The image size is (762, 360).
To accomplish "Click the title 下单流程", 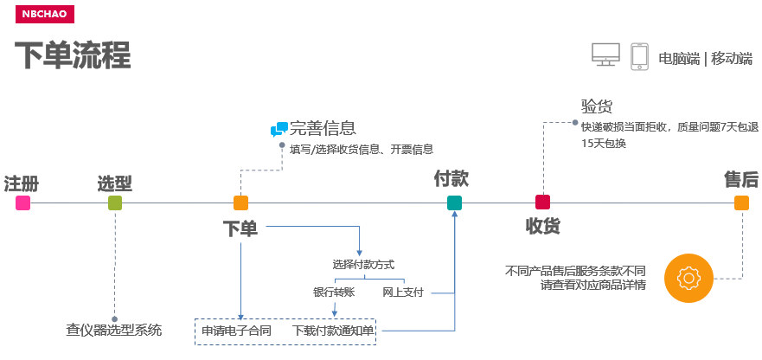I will (73, 55).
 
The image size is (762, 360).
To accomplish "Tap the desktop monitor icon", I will (605, 54).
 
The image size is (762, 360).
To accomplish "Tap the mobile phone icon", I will (640, 55).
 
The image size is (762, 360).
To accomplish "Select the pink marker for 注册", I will (23, 203).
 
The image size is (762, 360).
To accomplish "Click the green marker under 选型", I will (115, 203).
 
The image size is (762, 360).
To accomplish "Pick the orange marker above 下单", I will (241, 203).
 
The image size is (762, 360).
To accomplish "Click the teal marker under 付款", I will (454, 203).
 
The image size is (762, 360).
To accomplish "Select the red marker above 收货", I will (543, 202).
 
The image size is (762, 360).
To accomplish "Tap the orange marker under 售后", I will (741, 203).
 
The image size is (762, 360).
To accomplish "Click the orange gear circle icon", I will (688, 278).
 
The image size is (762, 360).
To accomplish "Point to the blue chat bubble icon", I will (279, 130).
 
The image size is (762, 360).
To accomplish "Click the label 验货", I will (597, 106).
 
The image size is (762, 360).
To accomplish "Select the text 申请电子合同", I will (236, 331).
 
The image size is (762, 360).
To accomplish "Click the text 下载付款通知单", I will (333, 331).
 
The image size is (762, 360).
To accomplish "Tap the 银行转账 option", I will (334, 292).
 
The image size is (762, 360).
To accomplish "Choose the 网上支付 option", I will (403, 292).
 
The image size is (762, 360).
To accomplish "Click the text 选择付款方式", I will (363, 264).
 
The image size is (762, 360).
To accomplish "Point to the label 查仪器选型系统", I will (114, 330).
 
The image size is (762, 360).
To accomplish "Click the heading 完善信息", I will (323, 129).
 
